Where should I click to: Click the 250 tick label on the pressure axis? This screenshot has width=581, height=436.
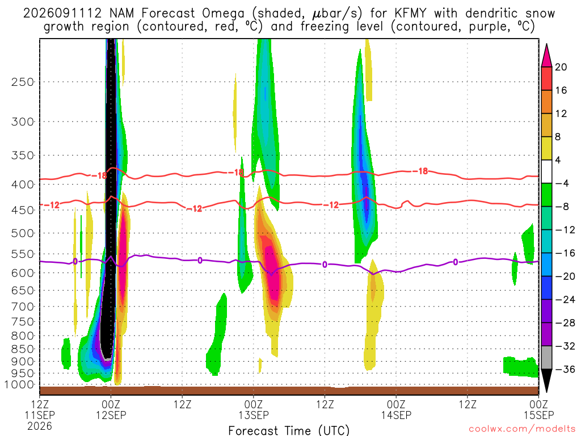coord(23,82)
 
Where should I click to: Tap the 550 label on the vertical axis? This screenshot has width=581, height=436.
coord(23,254)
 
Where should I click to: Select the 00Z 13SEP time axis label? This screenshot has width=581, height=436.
coord(254,409)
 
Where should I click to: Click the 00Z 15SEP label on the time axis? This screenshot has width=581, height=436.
coord(539,409)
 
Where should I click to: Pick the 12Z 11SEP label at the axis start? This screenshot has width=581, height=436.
coord(40,409)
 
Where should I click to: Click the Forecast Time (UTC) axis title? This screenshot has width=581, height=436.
coord(289,430)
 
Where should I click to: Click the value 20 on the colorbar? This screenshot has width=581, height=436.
coord(561,67)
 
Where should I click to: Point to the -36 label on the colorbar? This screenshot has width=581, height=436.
coord(565,369)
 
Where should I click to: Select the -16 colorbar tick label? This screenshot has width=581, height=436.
coord(565,253)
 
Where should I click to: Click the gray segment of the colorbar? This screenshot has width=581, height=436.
coord(546,358)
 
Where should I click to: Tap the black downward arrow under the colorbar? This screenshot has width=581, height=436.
coord(546,380)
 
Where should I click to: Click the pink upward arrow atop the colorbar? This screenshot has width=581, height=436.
coord(546,56)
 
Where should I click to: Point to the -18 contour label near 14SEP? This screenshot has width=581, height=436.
coord(422,171)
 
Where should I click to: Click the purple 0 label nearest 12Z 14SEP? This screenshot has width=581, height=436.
coord(456,262)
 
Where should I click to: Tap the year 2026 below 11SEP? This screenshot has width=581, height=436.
coord(40,426)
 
